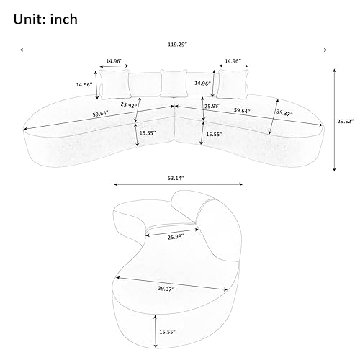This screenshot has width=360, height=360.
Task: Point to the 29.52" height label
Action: pos(346,122)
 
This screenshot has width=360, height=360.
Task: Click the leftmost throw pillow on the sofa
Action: pos(115,84)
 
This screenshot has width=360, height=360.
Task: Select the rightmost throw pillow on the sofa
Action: pos(230,84)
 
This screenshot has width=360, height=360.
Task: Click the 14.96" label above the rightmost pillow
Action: pos(232,61)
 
